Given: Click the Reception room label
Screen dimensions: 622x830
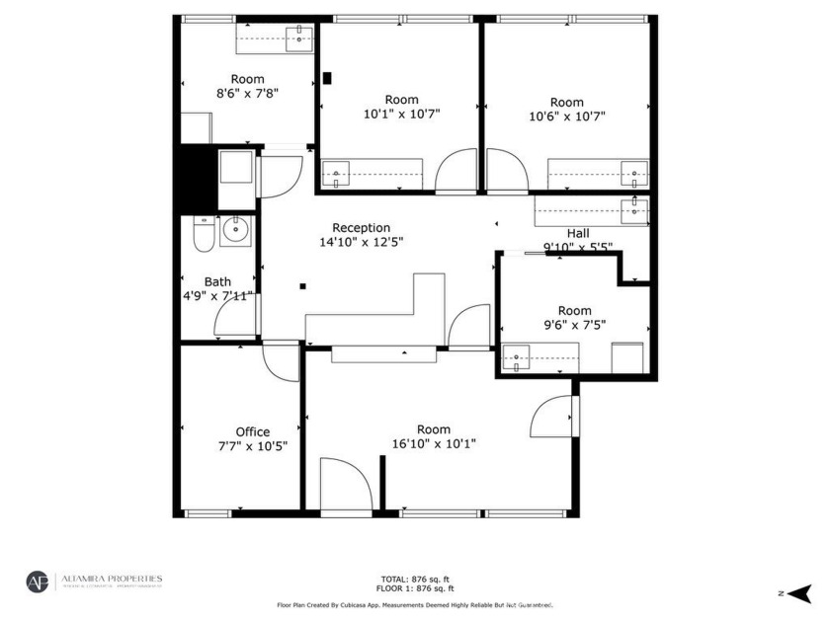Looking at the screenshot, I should coord(361,227).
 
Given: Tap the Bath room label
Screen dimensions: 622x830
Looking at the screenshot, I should coord(217,281).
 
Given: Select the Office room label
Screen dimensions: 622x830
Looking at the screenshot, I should coord(252,431).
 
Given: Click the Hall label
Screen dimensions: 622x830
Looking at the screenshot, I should coord(578,233).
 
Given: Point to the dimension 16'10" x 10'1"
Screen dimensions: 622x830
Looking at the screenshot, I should coord(433,443).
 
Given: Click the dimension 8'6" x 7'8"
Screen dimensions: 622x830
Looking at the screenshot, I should coord(248,94).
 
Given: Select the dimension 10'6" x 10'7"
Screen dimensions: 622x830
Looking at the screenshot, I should coord(566,116).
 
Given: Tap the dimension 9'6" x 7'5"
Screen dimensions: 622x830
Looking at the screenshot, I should coord(574,324).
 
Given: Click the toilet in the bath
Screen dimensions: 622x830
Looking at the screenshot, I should coord(204,235).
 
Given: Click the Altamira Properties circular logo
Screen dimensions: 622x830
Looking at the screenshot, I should coord(38,582).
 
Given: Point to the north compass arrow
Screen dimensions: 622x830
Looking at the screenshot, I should coord(798,592).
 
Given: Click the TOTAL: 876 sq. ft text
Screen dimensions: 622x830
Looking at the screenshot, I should coord(415,579).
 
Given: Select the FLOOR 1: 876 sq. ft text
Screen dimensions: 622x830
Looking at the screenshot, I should coord(415,588).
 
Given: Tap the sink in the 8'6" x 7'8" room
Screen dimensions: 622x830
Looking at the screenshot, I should coord(297,39).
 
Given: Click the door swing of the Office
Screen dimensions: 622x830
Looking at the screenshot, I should coord(281,361).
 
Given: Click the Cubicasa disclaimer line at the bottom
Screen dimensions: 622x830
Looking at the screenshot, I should coord(415,604).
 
